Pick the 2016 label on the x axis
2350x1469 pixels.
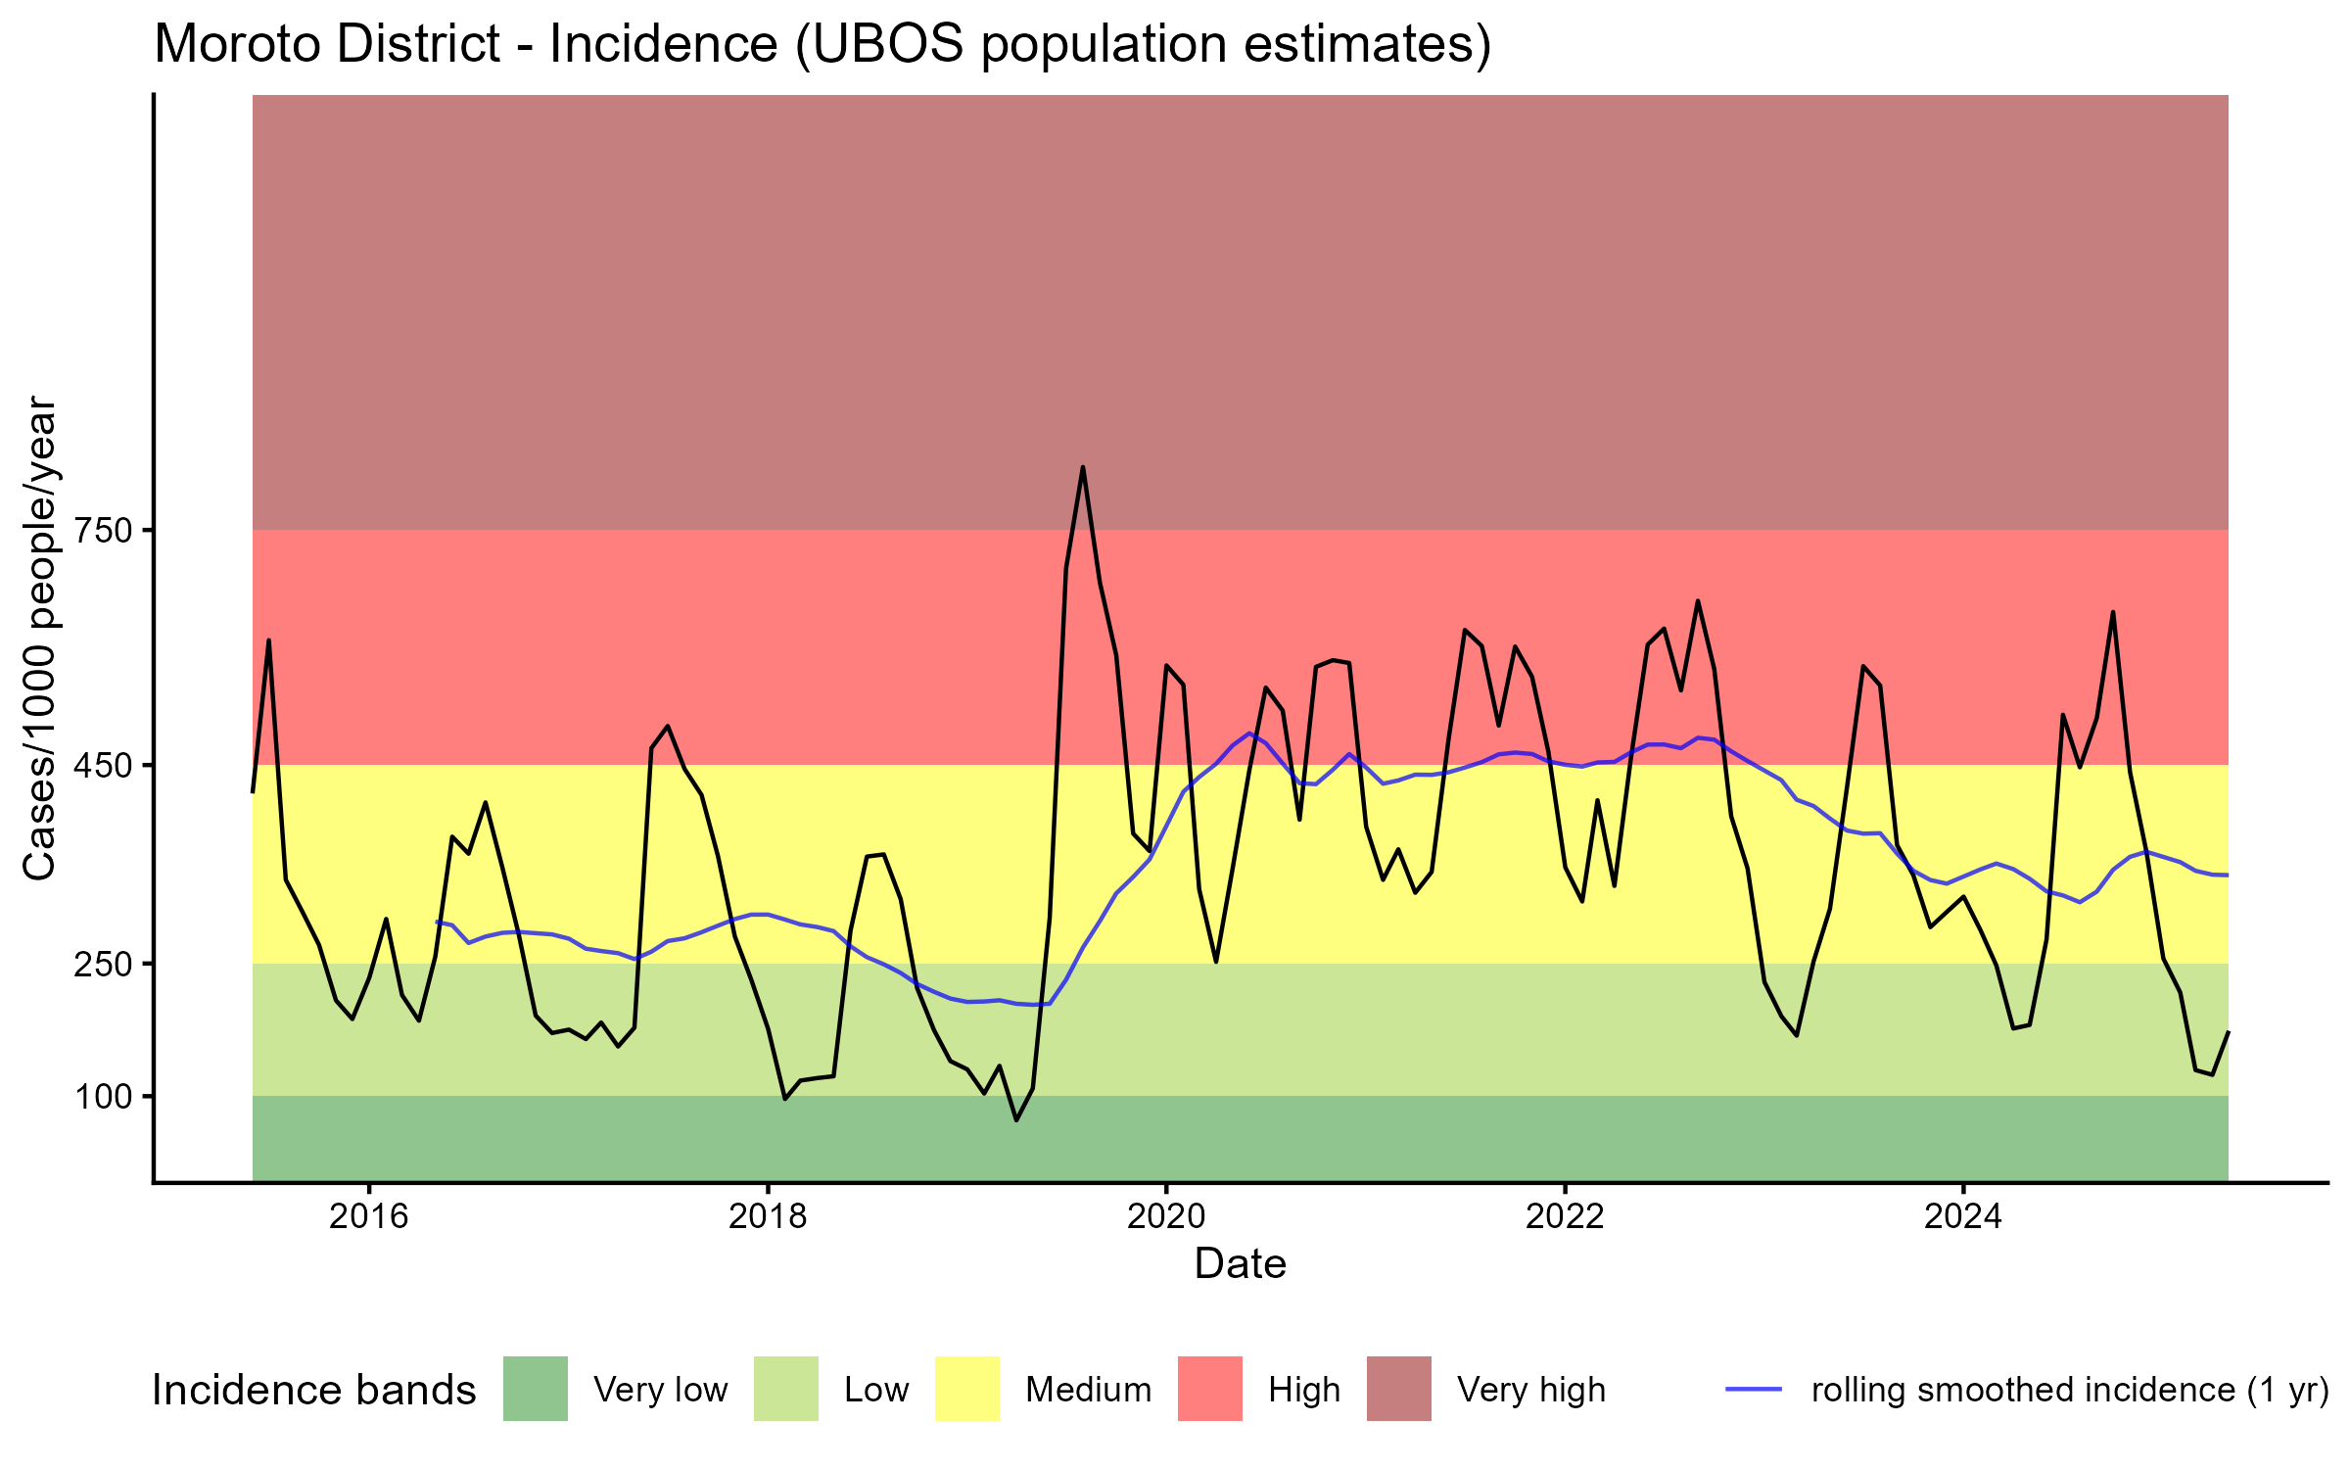tap(368, 1216)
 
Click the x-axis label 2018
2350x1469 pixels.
tap(768, 1216)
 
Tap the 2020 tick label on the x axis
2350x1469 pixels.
tap(1166, 1216)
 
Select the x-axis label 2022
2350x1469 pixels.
tap(1565, 1216)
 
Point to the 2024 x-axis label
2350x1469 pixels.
tap(1963, 1216)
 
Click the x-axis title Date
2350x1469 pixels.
tap(1240, 1264)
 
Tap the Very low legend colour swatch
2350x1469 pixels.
tap(536, 1389)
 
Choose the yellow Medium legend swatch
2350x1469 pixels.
tap(967, 1389)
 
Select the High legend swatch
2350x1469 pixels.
tap(1209, 1389)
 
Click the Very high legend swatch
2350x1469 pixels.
tap(1398, 1389)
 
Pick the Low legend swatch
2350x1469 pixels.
tap(785, 1389)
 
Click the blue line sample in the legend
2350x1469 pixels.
tap(1753, 1389)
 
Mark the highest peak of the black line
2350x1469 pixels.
tap(1083, 467)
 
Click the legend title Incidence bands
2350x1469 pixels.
tap(313, 1391)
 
